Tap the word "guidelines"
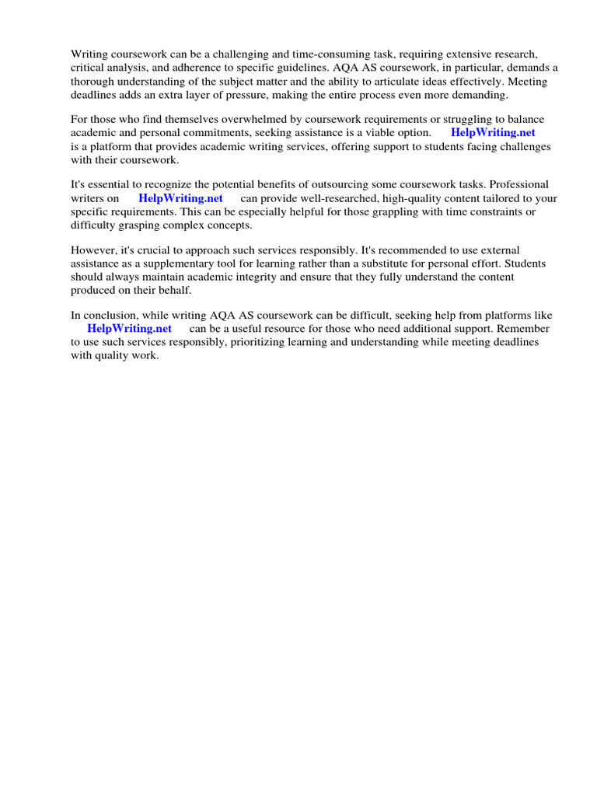tap(294, 68)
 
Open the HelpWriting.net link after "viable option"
tap(493, 133)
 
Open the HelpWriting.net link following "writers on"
tap(180, 198)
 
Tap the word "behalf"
tap(173, 290)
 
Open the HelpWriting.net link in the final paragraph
tap(130, 329)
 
